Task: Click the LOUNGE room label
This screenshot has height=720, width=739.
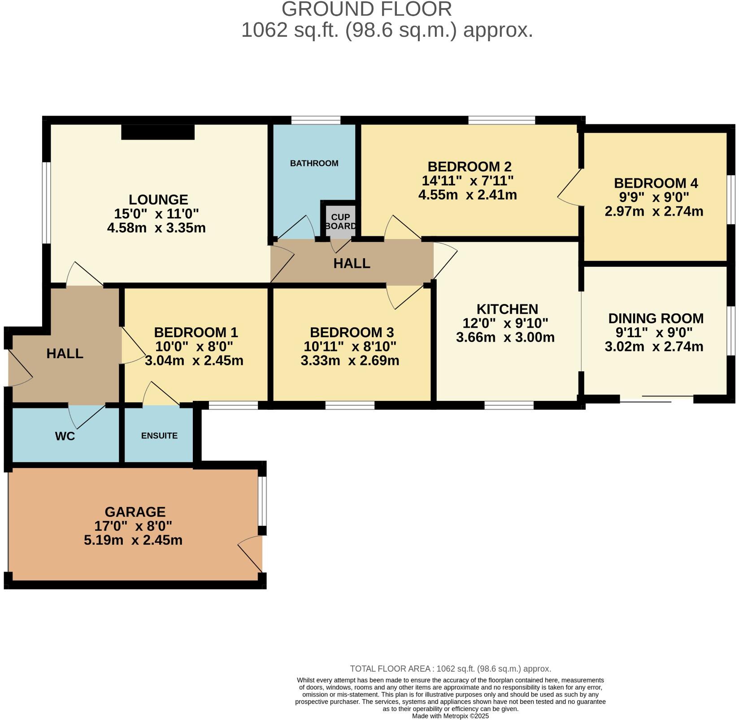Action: coord(158,200)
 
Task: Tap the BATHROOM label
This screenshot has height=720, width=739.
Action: coord(314,163)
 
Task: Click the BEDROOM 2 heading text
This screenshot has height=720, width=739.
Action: coord(469,167)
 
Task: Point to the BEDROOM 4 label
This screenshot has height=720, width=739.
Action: coord(656,183)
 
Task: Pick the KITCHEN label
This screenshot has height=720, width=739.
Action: coord(507,309)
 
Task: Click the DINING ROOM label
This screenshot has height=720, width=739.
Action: coord(656,319)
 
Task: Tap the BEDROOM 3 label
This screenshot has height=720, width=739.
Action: coord(352,333)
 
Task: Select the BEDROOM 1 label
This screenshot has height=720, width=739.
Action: coord(196,333)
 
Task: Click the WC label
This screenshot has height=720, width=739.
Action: coord(65,436)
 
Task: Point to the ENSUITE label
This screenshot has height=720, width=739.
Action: coord(159,436)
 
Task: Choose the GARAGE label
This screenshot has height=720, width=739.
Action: coord(135,512)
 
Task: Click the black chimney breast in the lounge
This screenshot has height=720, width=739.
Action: coord(158,132)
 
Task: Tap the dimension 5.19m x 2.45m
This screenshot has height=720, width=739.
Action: coord(133,540)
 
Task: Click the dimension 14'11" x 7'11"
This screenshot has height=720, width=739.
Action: coord(468,181)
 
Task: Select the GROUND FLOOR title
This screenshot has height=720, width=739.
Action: coord(367,9)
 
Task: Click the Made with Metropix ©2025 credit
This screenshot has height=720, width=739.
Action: coord(450,716)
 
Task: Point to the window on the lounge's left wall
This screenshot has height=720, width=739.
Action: coord(46,203)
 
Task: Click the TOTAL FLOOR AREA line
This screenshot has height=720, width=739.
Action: coord(450,669)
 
